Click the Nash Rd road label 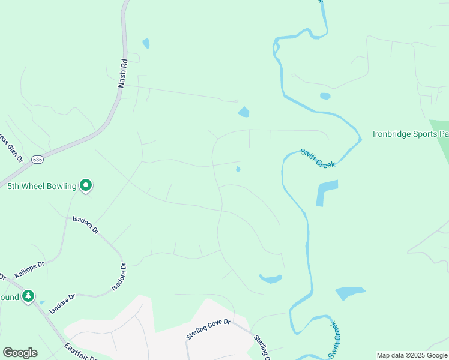122,73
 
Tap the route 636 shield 38,160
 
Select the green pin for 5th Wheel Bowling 86,186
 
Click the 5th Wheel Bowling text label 42,186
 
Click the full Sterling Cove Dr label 208,330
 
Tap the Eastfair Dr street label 81,352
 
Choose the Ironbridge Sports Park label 411,134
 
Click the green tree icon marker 28,296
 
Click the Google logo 20,353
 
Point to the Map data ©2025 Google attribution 412,355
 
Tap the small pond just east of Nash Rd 146,43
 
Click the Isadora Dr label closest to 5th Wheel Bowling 85,225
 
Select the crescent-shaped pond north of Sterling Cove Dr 271,278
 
